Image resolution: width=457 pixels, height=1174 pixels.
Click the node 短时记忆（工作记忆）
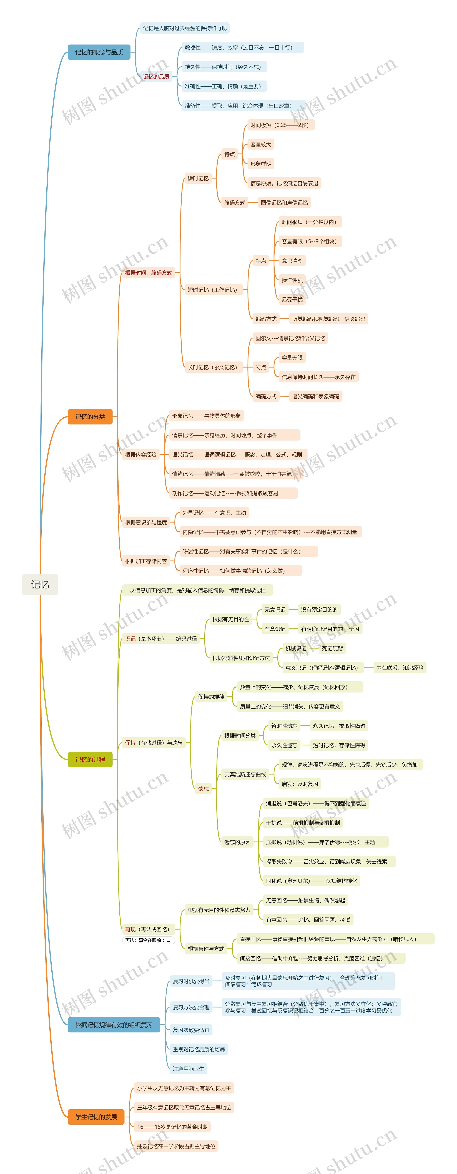(x=212, y=290)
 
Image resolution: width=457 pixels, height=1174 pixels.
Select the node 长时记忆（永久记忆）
(x=212, y=367)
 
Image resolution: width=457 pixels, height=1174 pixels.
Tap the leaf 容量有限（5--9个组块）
(x=309, y=242)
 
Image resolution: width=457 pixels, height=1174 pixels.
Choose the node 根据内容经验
(x=141, y=454)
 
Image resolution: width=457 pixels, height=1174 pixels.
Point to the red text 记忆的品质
(x=156, y=77)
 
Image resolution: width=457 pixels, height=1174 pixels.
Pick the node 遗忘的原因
(x=237, y=842)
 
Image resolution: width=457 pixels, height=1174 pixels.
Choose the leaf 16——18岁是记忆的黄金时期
(x=172, y=1127)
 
